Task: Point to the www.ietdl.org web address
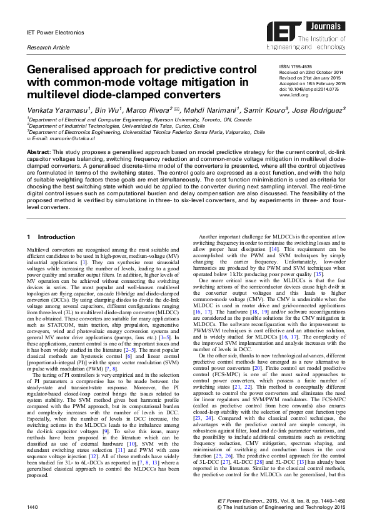292,95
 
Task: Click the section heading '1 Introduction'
48,237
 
